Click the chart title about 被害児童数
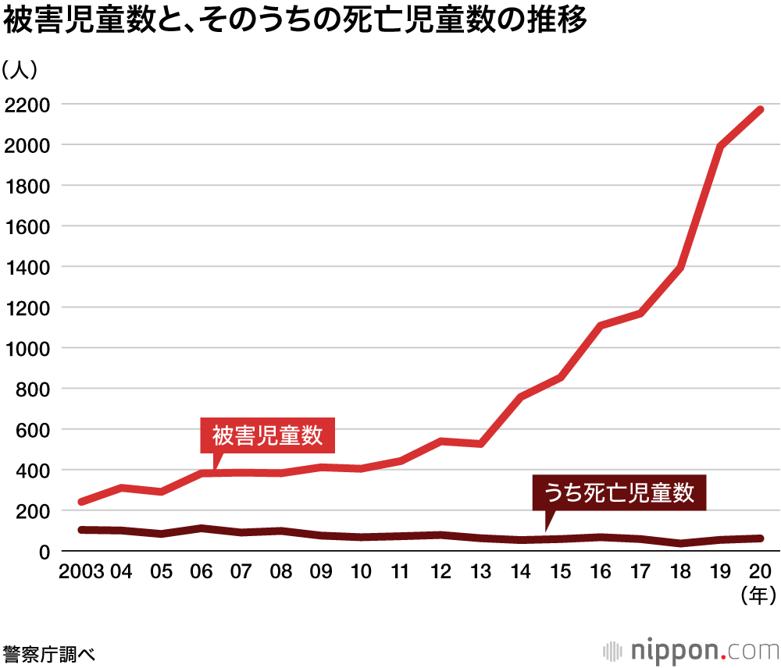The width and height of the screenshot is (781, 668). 295,22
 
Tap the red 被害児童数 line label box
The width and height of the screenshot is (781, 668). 268,435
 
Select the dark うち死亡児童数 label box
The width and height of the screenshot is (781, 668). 619,492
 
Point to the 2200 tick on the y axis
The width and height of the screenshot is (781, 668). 27,105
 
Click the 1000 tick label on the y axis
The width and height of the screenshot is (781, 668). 27,348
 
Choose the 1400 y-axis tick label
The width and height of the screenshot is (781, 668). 27,267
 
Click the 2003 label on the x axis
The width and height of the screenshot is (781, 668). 81,572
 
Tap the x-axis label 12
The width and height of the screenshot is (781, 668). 440,572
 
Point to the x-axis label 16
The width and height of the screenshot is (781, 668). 601,572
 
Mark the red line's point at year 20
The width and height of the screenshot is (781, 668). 760,110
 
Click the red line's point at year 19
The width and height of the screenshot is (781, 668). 720,147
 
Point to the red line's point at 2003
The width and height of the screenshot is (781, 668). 82,502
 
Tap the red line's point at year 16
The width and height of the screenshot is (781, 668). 601,325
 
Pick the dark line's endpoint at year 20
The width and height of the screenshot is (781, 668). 760,538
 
